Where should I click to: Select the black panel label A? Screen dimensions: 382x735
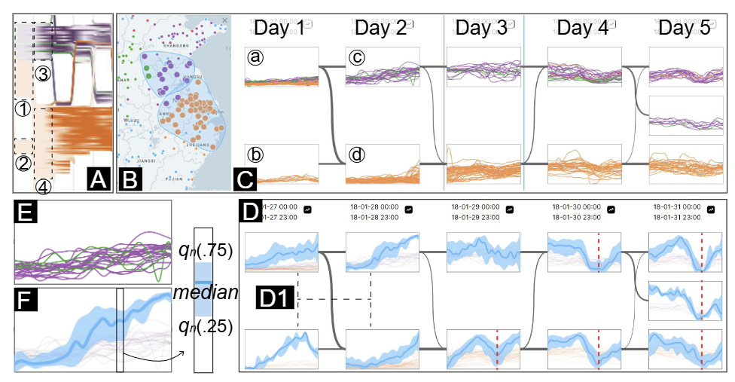point(99,179)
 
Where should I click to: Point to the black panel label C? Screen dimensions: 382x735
point(246,179)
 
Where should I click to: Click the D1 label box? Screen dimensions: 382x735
point(276,298)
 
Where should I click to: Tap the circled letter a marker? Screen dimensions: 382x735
point(255,57)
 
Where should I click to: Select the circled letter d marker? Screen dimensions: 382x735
point(357,155)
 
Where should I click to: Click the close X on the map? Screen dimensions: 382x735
point(225,20)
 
